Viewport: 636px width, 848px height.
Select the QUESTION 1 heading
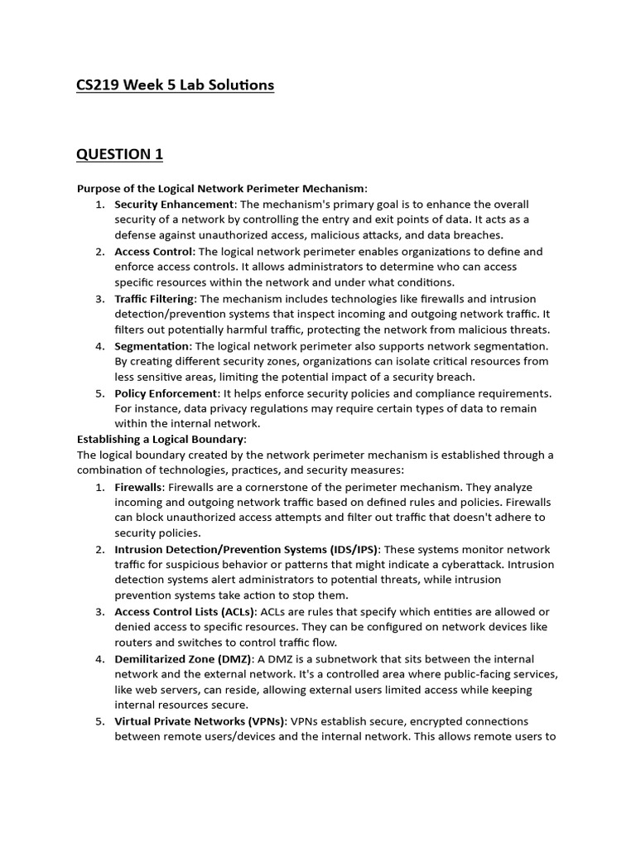click(x=119, y=155)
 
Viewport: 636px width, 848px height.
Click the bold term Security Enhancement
click(x=175, y=204)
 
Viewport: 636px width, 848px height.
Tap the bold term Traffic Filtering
click(x=155, y=298)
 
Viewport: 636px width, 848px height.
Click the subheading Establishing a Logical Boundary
click(x=161, y=439)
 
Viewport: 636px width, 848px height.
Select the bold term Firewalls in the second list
click(x=138, y=486)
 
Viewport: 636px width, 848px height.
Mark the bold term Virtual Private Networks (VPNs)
click(x=200, y=721)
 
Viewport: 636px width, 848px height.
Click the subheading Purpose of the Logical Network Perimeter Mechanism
click(x=221, y=188)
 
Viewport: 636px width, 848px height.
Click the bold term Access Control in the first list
click(x=154, y=251)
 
